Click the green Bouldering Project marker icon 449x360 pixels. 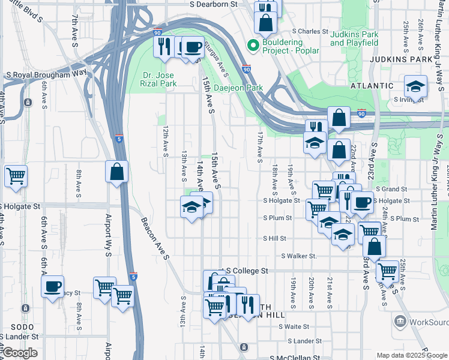pyautogui.click(x=253, y=44)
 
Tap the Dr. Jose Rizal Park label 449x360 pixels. pyautogui.click(x=160, y=79)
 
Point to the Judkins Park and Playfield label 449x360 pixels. pyautogui.click(x=354, y=38)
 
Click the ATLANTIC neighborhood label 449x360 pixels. pyautogui.click(x=372, y=86)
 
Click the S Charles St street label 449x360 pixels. pyautogui.click(x=310, y=31)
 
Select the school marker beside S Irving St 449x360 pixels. pyautogui.click(x=415, y=87)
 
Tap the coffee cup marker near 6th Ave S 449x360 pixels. pyautogui.click(x=52, y=286)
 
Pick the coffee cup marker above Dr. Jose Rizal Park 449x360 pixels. pyautogui.click(x=192, y=46)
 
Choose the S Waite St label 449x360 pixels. pyautogui.click(x=295, y=327)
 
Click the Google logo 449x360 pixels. pyautogui.click(x=20, y=353)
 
